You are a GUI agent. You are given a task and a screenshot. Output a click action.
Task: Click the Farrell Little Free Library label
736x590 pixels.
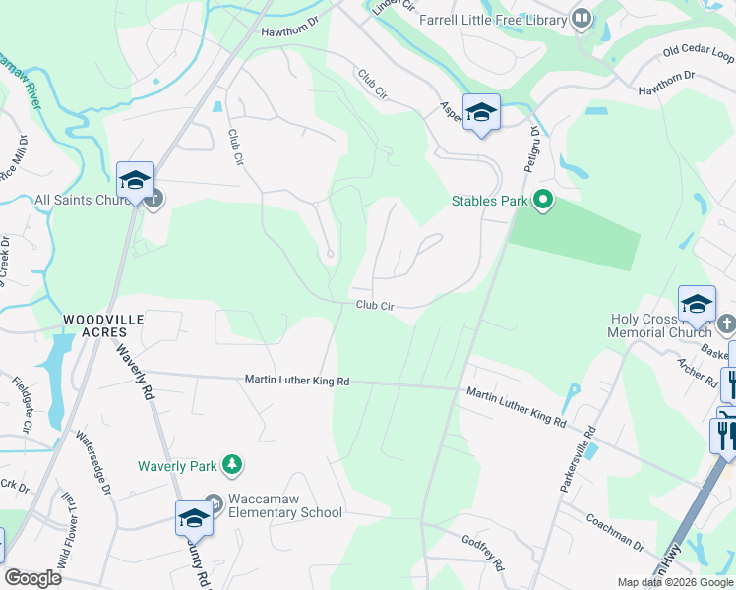coord(493,20)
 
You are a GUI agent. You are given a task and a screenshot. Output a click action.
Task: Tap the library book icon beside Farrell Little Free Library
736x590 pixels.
coord(582,19)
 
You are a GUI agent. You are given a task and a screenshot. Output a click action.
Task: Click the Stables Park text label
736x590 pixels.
coord(490,202)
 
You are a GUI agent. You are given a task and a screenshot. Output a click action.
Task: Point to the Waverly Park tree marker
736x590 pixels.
coord(232,464)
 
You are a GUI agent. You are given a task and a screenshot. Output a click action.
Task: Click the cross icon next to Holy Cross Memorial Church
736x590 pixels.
coord(726,324)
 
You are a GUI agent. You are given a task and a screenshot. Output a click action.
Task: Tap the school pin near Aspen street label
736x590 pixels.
coord(481,113)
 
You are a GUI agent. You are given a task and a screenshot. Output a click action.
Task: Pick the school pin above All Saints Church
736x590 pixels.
coord(135,181)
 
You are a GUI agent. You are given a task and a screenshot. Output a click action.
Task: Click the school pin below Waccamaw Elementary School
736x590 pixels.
coord(194,518)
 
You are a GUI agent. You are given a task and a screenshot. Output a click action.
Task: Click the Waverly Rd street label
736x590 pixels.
coord(136,371)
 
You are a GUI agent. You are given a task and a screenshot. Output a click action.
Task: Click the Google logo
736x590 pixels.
coord(33,578)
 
